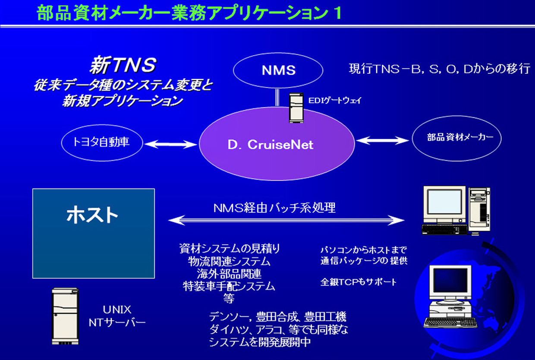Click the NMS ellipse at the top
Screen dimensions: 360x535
(278, 70)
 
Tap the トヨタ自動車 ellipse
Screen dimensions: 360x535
(102, 143)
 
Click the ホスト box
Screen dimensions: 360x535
(93, 233)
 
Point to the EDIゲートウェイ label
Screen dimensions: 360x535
(335, 100)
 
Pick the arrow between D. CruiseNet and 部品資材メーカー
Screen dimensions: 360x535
(383, 140)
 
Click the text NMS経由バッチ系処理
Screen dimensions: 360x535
(274, 208)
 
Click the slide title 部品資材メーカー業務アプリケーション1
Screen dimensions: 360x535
(190, 13)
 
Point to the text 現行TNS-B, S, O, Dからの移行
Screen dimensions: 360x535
(439, 69)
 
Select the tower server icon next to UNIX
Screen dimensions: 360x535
(65, 317)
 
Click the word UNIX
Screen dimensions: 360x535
(117, 309)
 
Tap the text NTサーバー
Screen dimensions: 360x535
(117, 322)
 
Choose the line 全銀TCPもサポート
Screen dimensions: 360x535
(358, 282)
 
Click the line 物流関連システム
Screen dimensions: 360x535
(229, 261)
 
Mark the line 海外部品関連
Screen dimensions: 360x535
(229, 273)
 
